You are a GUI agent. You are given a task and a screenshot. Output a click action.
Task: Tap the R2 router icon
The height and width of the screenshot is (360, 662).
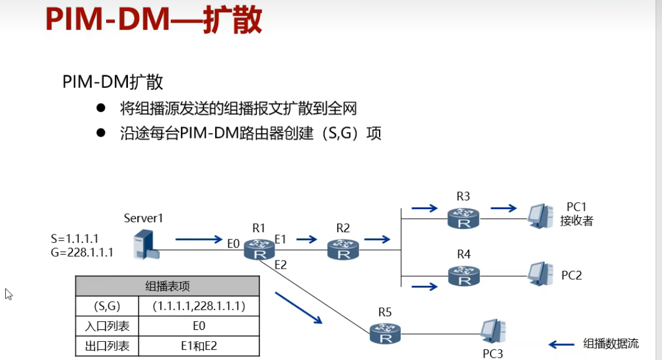[x=342, y=249]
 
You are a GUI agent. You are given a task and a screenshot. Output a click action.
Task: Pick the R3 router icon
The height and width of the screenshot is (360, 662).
[x=463, y=219]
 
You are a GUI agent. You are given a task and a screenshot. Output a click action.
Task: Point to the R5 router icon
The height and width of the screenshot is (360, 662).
[x=385, y=333]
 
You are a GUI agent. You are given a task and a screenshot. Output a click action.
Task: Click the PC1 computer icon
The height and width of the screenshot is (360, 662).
[x=539, y=216]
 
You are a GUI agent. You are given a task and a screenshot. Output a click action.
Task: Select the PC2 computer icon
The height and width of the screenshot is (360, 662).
[x=539, y=273]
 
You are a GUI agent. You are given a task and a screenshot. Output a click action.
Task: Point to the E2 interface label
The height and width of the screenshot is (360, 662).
[x=280, y=265]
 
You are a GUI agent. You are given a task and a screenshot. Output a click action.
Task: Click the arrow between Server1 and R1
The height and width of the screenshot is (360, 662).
[x=199, y=239]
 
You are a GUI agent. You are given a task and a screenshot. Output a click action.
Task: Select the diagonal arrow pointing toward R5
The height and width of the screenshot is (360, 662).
[x=299, y=308]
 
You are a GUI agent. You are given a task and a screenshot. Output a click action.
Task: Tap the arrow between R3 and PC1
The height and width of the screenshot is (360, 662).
[x=503, y=208]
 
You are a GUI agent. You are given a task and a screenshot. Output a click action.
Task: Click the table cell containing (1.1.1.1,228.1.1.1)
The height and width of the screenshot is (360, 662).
[x=198, y=306]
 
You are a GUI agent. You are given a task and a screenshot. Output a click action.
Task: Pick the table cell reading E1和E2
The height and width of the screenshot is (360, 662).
[x=198, y=346]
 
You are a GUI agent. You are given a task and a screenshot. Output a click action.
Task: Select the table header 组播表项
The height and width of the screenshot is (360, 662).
[x=167, y=286]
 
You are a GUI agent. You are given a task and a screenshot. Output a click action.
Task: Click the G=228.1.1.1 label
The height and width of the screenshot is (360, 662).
[x=82, y=253]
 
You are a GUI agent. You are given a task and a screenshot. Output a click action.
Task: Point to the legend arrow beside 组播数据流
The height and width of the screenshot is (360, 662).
[x=561, y=344]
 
